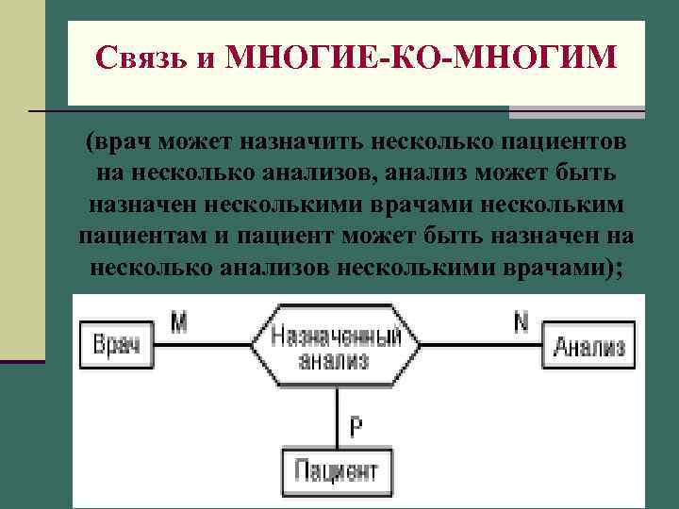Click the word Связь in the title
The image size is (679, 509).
142,58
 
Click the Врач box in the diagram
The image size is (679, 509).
116,346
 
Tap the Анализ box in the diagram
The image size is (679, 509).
588,347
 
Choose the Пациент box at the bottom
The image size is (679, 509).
337,468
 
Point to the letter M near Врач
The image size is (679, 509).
179,323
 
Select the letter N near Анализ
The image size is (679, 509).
521,323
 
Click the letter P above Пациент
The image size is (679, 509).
356,427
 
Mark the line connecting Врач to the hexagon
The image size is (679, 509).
203,346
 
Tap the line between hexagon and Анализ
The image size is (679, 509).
481,346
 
